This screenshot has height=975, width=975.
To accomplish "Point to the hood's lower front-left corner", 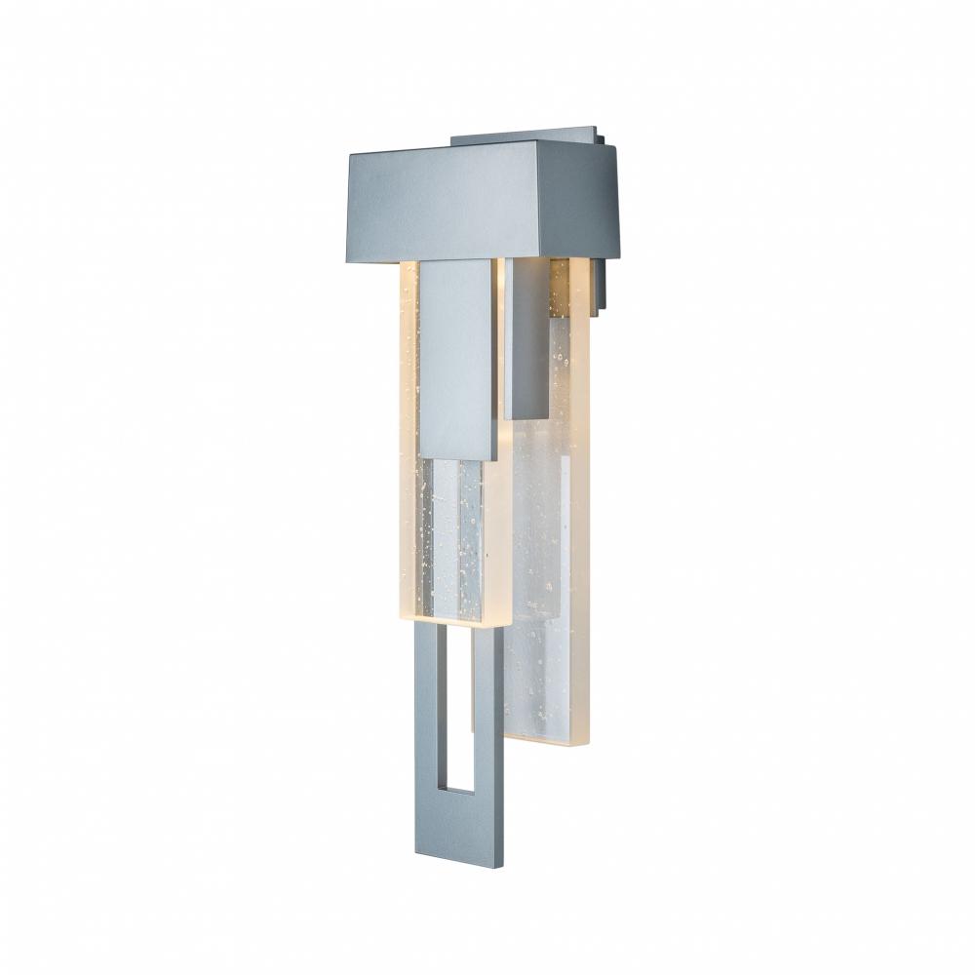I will point(349,260).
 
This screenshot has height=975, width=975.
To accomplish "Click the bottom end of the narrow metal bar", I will point(527,414).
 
